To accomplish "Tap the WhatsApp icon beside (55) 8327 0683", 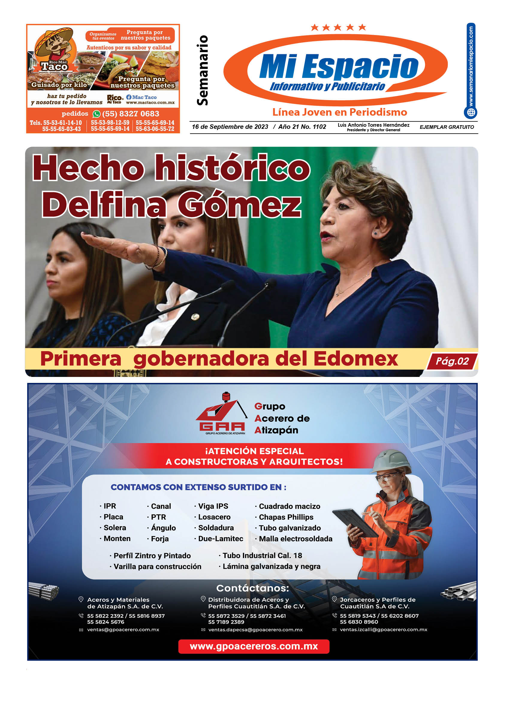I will pos(97,114).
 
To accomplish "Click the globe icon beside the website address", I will pos(471,112).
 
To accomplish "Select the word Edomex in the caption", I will pos(356,359).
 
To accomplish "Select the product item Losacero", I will pos(214,517).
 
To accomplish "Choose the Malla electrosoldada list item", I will pos(296,538).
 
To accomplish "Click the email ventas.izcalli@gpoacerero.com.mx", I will pos(383,629).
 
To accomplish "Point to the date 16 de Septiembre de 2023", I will pos(230,127).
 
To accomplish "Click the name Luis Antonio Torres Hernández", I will pos(373,125).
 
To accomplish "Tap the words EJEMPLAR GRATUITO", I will pos(447,127).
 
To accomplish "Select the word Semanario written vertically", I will pos(202,70).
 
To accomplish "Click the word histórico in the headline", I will pos(233,168).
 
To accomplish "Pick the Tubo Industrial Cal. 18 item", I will pos(262,555).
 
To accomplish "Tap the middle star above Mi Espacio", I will pos(337,28).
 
